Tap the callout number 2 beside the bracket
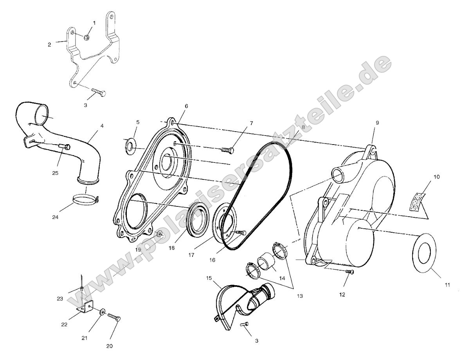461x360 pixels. (50, 45)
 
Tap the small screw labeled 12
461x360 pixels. (350, 272)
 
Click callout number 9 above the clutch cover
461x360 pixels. (377, 123)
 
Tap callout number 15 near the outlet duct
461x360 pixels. (209, 278)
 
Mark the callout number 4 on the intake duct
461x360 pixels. (102, 126)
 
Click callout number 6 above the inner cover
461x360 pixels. (186, 106)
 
